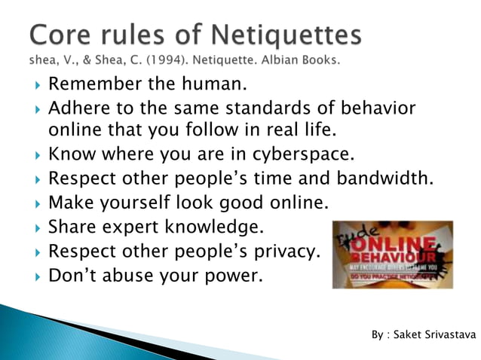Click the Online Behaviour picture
pos(392,255)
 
